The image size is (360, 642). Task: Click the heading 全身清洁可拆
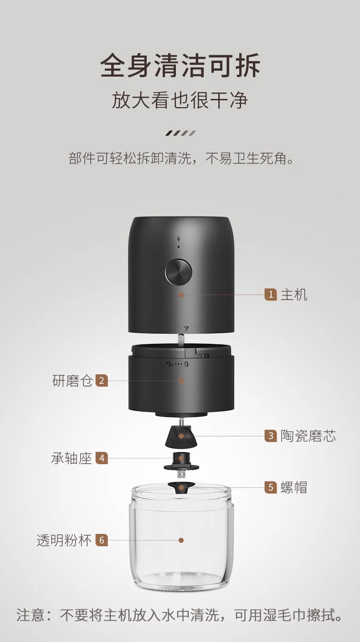(x=180, y=66)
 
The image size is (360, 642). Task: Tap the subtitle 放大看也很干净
(x=180, y=100)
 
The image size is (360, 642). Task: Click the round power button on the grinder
(x=178, y=273)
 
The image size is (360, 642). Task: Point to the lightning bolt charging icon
(x=178, y=239)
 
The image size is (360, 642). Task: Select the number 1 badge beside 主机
(x=271, y=295)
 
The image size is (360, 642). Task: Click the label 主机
(x=294, y=295)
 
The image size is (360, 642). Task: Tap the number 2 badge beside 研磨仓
(x=102, y=380)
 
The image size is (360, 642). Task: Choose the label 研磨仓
(x=72, y=380)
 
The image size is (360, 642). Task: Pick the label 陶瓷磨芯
(x=308, y=436)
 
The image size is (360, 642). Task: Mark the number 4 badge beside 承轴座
(x=102, y=458)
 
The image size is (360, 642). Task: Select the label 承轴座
(x=72, y=458)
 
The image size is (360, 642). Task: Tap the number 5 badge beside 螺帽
(x=271, y=487)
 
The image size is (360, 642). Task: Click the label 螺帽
(x=294, y=487)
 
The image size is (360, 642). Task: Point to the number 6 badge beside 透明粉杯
(x=102, y=540)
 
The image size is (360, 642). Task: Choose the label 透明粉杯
(x=64, y=540)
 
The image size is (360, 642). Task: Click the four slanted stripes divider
(x=180, y=133)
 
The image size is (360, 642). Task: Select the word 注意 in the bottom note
(x=31, y=616)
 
